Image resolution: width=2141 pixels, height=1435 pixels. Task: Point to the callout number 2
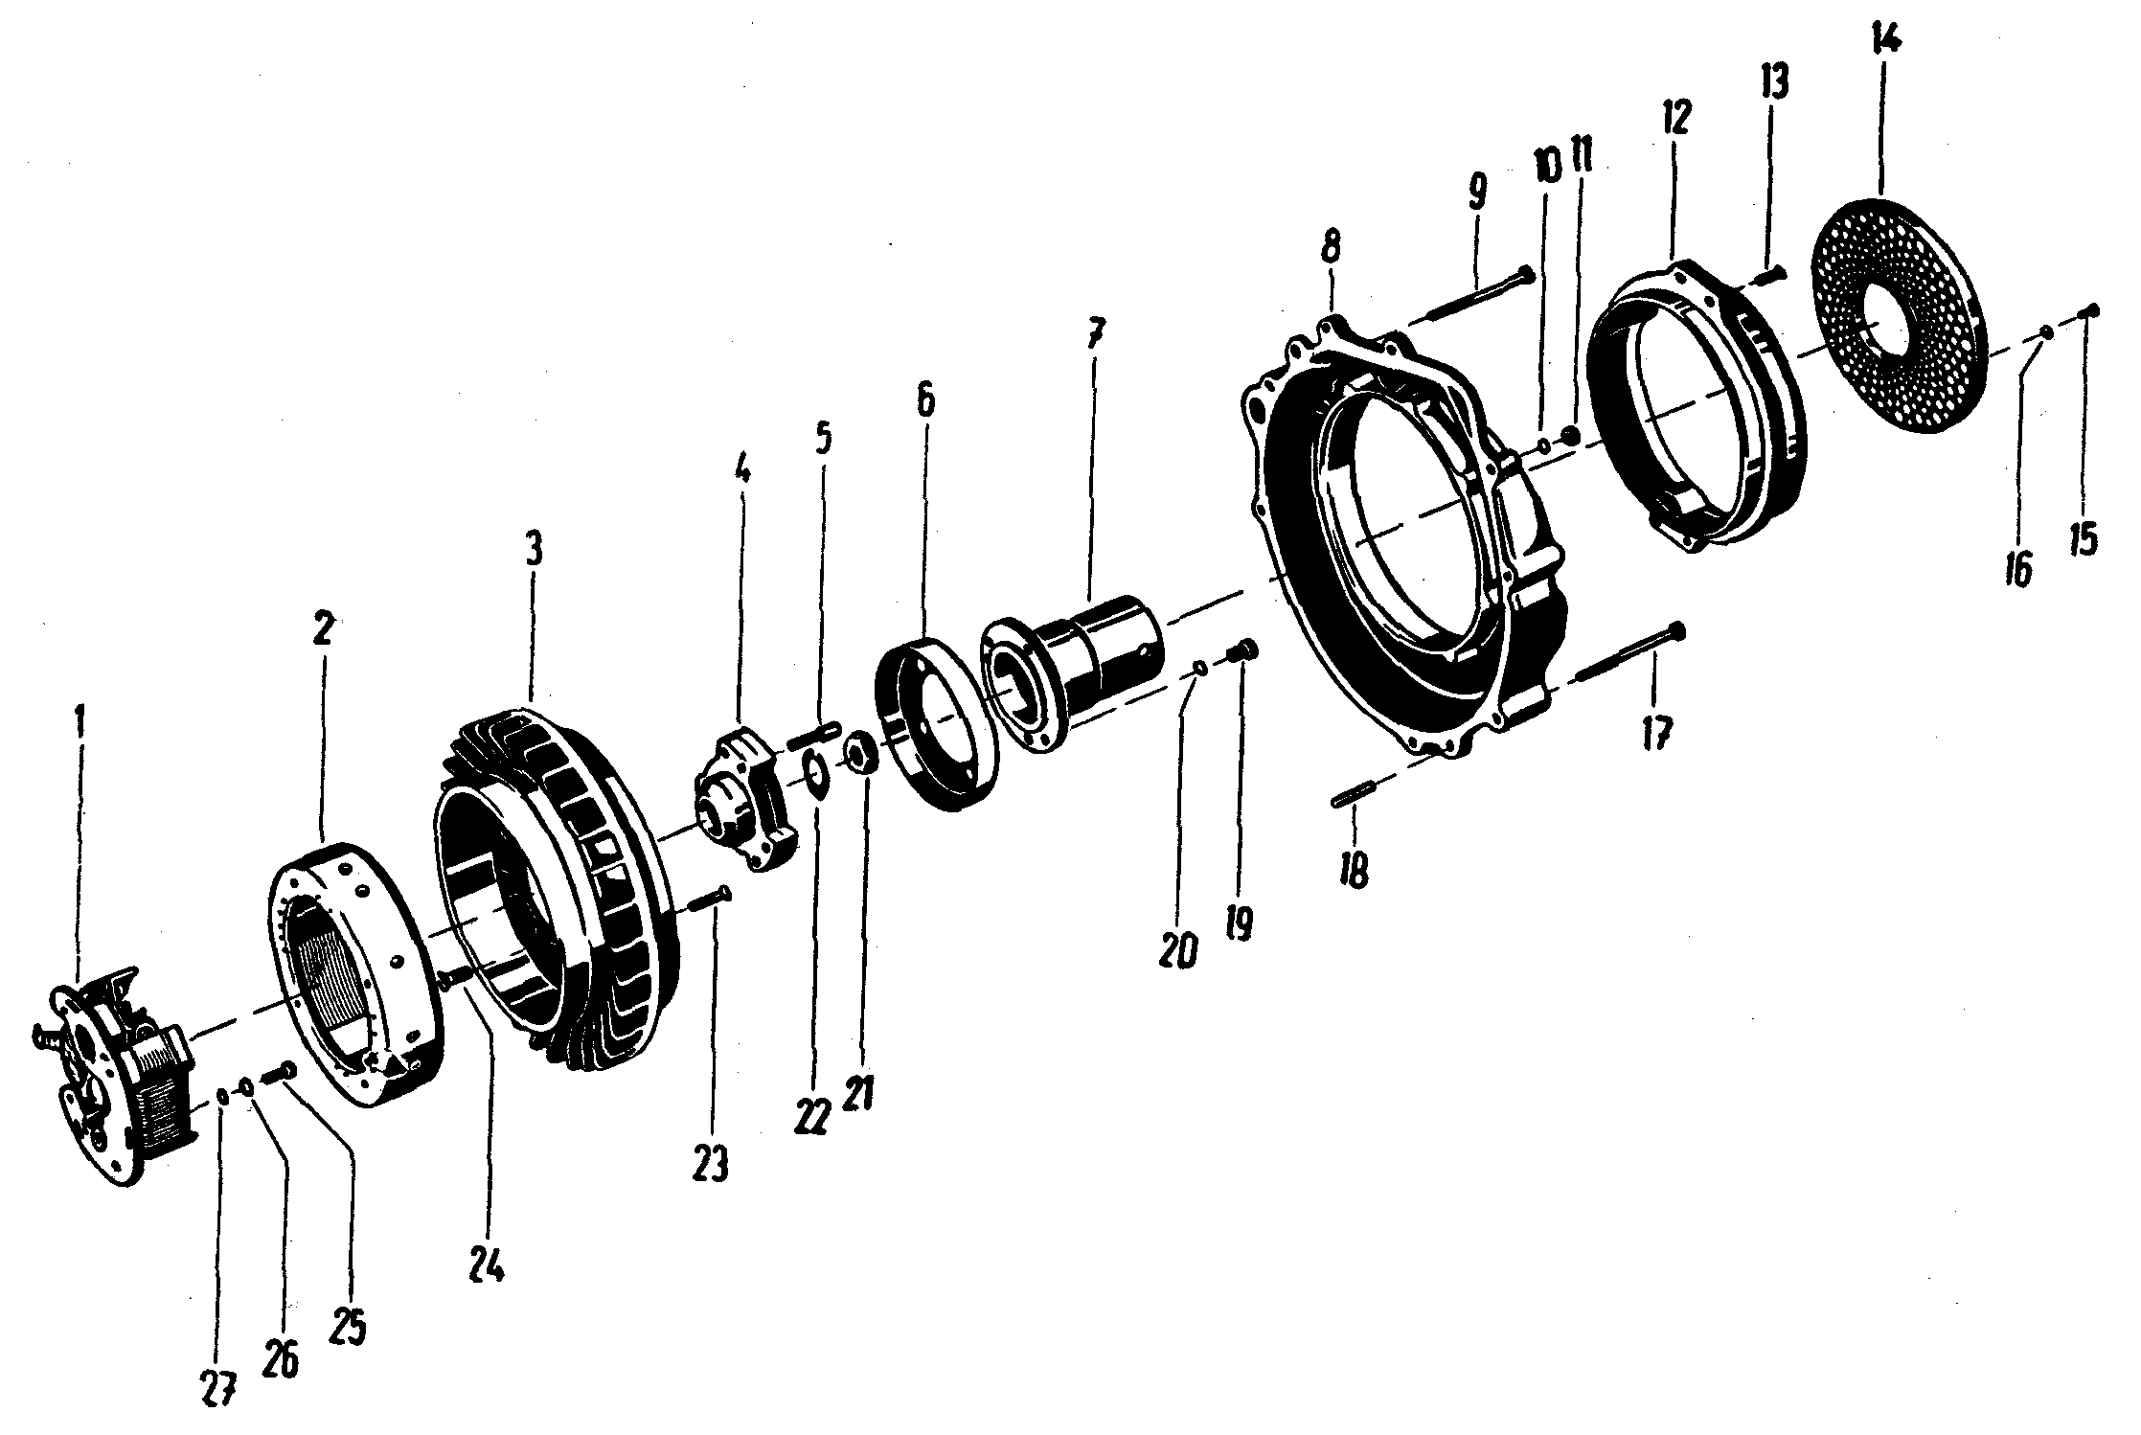322,630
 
